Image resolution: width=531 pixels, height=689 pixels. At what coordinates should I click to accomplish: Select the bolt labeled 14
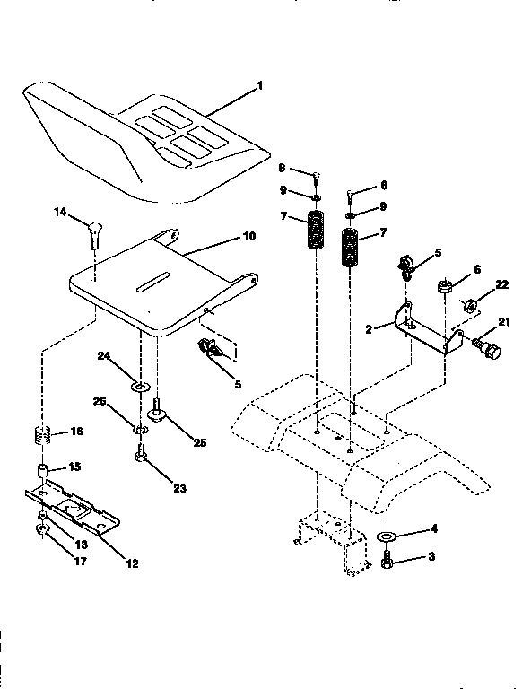click(x=95, y=231)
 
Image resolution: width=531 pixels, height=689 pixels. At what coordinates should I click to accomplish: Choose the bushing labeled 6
click(x=443, y=289)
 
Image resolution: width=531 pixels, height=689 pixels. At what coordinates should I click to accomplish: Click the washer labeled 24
click(x=140, y=388)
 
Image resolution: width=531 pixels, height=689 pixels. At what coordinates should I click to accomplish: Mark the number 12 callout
click(x=132, y=563)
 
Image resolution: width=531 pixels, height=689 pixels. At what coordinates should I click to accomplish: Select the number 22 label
click(x=501, y=285)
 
